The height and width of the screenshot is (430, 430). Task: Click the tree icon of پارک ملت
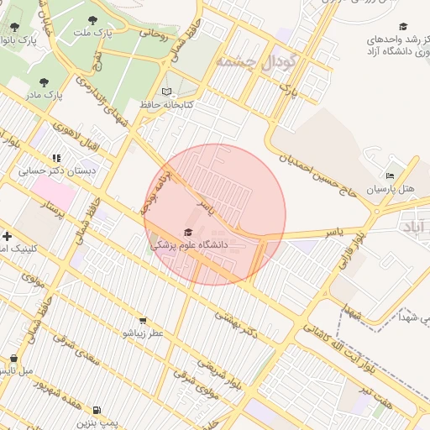coord(92,20)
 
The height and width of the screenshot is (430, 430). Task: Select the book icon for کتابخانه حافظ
coord(166,92)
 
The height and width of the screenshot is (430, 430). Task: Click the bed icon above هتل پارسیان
coord(389,176)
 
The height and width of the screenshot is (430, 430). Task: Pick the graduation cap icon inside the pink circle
coord(188,233)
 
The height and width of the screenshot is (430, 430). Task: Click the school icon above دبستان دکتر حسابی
coord(57,157)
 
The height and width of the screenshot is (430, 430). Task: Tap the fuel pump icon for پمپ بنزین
coord(98,411)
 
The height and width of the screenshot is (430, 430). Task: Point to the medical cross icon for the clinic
coord(7,237)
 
